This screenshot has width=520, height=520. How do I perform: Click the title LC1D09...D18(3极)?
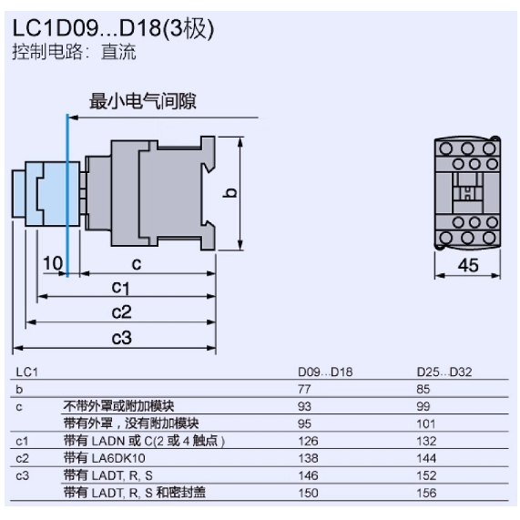pyautogui.click(x=113, y=30)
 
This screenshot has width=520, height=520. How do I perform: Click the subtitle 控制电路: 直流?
pyautogui.click(x=74, y=53)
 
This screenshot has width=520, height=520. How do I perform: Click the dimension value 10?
pyautogui.click(x=53, y=263)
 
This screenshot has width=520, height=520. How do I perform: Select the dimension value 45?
pyautogui.click(x=467, y=265)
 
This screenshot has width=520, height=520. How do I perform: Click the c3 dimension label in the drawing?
pyautogui.click(x=121, y=338)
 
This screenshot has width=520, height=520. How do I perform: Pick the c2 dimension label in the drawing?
pyautogui.click(x=121, y=312)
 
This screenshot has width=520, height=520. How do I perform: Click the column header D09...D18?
pyautogui.click(x=325, y=372)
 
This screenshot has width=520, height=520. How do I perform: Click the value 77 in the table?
pyautogui.click(x=307, y=389)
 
